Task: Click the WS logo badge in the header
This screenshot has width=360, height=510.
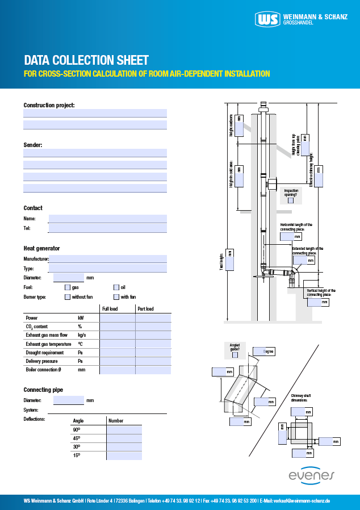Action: click(267, 19)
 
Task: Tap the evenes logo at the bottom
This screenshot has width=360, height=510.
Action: click(312, 475)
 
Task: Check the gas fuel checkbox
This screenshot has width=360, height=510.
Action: click(68, 287)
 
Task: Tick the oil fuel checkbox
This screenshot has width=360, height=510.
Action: click(116, 287)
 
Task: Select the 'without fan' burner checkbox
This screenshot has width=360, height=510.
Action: click(68, 296)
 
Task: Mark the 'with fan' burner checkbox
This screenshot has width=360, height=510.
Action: click(116, 296)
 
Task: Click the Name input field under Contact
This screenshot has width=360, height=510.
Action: click(108, 219)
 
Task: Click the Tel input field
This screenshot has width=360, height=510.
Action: click(108, 228)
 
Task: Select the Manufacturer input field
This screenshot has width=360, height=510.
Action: click(108, 259)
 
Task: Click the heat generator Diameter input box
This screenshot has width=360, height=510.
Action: click(69, 278)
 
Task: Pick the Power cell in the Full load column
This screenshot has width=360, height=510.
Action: click(118, 318)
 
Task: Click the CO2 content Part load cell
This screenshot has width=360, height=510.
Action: click(153, 327)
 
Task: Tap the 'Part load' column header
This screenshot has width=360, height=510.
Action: click(145, 309)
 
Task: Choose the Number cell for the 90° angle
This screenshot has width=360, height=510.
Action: click(124, 429)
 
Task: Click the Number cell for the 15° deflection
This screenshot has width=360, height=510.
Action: click(124, 455)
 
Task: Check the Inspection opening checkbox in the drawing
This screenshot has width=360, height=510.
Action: click(291, 200)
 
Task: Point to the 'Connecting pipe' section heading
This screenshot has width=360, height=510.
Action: click(43, 390)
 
